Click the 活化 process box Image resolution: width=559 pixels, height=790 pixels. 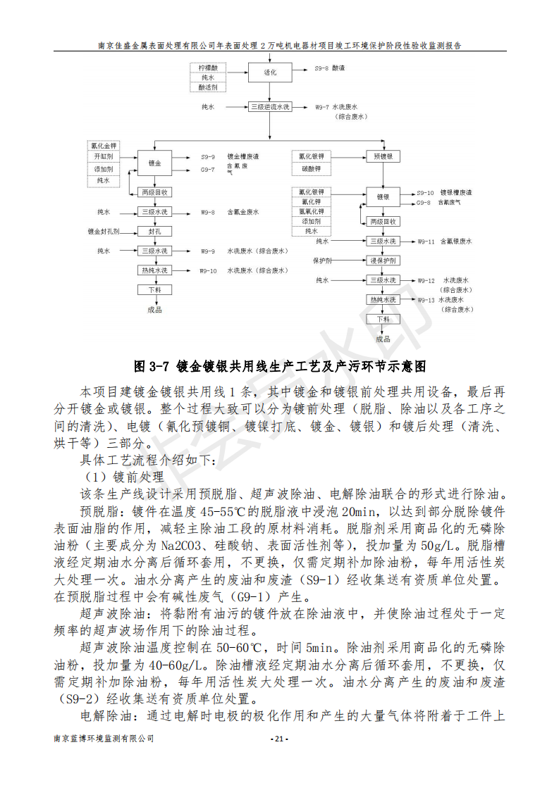[270, 72]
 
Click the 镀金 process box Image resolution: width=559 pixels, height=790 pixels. [154, 163]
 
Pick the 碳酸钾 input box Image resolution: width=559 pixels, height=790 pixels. [311, 169]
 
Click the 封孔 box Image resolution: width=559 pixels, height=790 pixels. [154, 231]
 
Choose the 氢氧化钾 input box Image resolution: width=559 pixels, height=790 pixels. [311, 211]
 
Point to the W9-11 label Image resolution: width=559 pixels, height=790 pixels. [426, 242]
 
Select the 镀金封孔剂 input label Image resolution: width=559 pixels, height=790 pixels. [104, 231]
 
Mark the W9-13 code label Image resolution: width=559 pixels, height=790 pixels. [426, 300]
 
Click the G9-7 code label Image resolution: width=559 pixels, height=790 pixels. [207, 169]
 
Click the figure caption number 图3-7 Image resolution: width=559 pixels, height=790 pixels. [152, 366]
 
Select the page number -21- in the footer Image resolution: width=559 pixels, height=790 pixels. [279, 739]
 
